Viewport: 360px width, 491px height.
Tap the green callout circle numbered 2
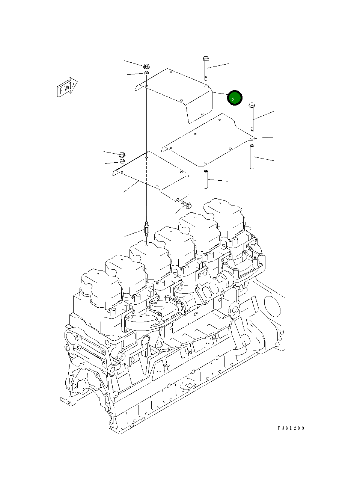click(x=235, y=98)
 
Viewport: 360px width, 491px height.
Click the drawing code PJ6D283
click(x=291, y=428)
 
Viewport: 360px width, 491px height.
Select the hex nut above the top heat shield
click(x=147, y=66)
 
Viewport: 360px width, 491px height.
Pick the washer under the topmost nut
click(x=147, y=73)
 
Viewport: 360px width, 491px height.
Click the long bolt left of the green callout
click(x=206, y=68)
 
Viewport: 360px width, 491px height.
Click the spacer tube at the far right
click(x=252, y=156)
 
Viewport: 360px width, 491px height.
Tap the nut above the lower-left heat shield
click(x=122, y=154)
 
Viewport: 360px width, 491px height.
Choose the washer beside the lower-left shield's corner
click(x=122, y=161)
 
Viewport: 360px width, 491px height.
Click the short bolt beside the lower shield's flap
click(x=186, y=205)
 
